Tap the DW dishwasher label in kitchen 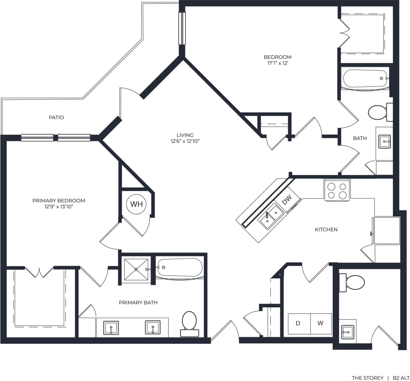(287, 199)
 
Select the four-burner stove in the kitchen (337, 190)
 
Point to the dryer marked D (298, 323)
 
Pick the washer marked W (320, 323)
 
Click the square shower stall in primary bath (136, 269)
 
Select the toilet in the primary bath (189, 322)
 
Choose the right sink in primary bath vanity (153, 327)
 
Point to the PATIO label (56, 117)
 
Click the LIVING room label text (185, 135)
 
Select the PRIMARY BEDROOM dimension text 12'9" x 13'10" (59, 207)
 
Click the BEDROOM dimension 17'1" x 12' (277, 63)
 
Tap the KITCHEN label (326, 230)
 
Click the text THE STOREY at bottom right (367, 378)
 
